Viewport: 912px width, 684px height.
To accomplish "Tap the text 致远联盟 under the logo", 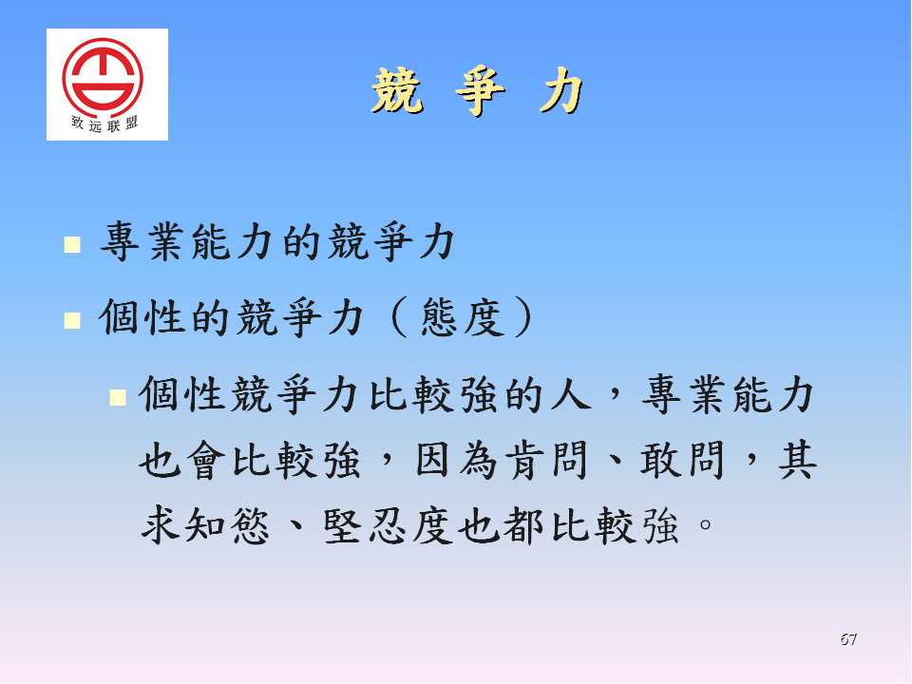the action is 104,123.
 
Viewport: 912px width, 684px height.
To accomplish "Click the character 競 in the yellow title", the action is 397,90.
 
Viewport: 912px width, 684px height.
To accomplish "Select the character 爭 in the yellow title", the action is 480,91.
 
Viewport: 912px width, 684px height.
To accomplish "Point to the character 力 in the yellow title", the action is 560,91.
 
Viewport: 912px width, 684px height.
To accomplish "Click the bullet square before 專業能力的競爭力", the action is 72,244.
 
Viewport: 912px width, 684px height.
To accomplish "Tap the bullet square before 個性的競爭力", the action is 72,320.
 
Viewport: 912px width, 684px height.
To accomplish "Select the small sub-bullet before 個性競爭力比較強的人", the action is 118,397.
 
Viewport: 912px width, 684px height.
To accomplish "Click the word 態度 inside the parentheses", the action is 463,317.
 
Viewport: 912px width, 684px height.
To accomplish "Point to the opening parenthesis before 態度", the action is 400,317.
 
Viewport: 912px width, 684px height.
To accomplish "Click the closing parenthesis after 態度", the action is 522,317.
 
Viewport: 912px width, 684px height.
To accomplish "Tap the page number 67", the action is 848,638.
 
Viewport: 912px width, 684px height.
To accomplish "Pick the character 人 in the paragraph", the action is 570,393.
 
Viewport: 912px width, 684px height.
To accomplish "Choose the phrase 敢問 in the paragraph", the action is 682,460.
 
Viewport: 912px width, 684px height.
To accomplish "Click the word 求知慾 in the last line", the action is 205,525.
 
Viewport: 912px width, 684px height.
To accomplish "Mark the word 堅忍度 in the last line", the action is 388,525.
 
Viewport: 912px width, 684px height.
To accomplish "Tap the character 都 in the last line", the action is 523,525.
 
